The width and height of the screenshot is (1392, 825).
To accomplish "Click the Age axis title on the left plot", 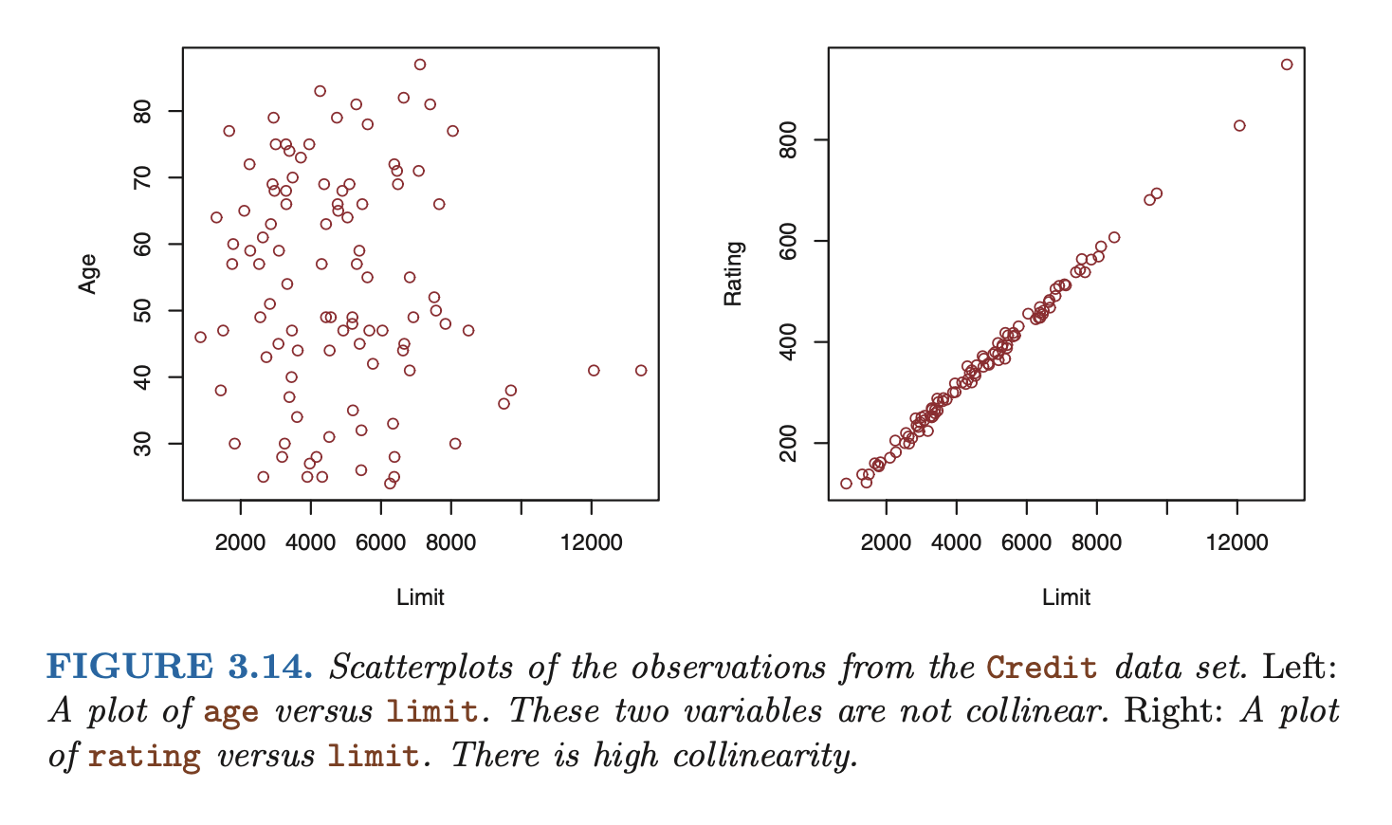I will coord(88,273).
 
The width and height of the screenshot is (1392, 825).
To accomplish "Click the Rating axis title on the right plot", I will coord(733,273).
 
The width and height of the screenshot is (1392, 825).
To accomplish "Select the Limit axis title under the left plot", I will coord(420,597).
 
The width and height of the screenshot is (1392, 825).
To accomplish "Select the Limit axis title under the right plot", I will coord(1066,597).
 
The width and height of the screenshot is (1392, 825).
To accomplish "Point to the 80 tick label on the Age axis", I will coord(143,112).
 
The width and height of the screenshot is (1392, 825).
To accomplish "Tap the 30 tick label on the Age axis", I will coord(143,444).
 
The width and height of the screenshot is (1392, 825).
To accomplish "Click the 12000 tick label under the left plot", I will coord(591,542).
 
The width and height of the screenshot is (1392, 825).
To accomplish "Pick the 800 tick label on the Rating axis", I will coord(788,140).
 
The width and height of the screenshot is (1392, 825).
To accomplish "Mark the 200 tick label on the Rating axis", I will coord(788,443).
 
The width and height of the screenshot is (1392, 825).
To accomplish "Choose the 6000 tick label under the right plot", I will coord(1026,542).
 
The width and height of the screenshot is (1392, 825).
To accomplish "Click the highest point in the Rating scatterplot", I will coord(1287,64).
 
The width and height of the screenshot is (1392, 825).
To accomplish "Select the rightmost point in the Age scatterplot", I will coord(641,371).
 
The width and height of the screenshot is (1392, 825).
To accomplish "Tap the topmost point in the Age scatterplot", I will coord(420,64).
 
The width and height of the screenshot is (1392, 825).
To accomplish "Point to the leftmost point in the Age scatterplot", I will coord(200,337).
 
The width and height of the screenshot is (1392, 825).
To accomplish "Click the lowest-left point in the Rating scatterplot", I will coord(846,484).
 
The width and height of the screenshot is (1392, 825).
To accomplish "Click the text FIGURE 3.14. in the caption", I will coord(179,667).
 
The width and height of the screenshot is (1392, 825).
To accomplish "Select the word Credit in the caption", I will coord(1041,668).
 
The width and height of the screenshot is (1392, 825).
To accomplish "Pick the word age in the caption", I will coord(230,712).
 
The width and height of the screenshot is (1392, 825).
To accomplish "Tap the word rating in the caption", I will coord(144,757).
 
